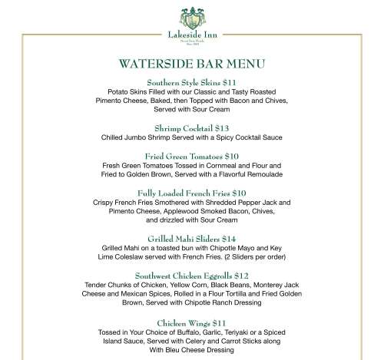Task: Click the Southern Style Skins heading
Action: click(x=192, y=81)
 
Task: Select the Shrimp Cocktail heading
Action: click(x=192, y=127)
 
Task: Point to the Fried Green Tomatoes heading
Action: click(x=192, y=156)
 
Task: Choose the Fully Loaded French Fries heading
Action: click(x=192, y=193)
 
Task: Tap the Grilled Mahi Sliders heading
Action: click(x=192, y=239)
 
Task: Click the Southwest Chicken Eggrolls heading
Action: click(x=192, y=276)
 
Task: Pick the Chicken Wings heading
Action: click(x=192, y=323)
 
